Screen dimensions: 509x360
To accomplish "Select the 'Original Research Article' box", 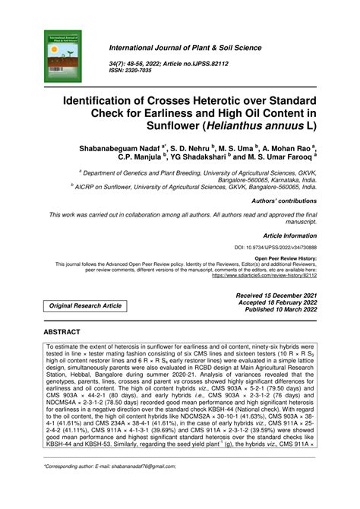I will tap(86, 305).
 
